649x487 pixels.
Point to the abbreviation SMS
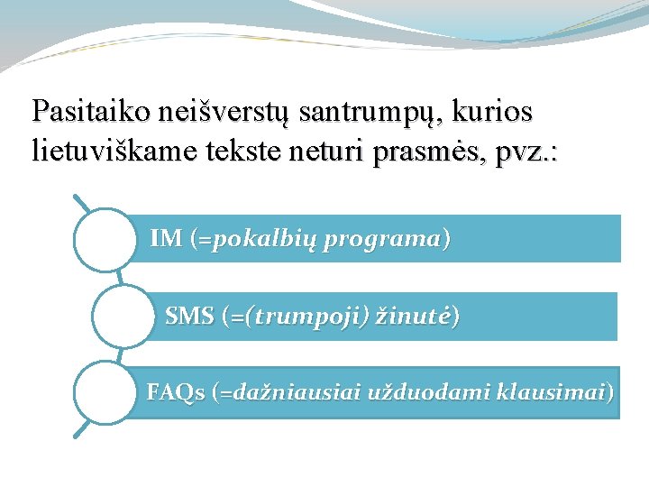tap(189, 317)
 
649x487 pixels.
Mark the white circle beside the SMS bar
tap(123, 316)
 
